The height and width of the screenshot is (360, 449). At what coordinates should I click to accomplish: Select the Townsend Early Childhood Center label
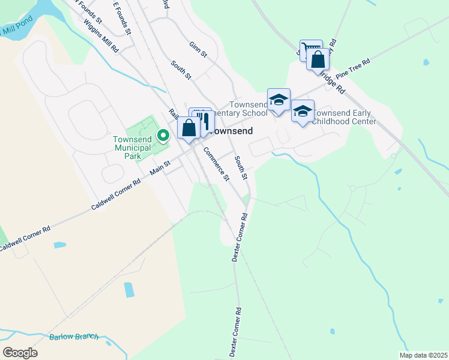click(x=345, y=117)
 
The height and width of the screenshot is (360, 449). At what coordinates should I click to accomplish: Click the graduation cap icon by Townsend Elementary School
click(x=279, y=100)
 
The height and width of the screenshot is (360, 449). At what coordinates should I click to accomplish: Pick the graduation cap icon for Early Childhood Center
click(x=303, y=111)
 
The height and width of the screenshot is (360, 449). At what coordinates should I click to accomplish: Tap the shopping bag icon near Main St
click(x=188, y=128)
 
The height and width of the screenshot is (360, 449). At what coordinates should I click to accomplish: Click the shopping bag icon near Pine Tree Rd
click(x=318, y=59)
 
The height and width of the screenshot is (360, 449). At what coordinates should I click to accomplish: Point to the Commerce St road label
click(x=217, y=164)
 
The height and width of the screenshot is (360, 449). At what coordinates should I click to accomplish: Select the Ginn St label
click(x=197, y=49)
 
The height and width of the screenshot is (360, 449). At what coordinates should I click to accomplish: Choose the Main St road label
click(x=160, y=167)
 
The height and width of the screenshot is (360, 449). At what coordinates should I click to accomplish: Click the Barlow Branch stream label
click(x=74, y=337)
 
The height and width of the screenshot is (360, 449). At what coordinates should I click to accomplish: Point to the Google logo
click(x=20, y=352)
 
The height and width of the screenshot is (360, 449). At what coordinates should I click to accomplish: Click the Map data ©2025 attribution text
click(x=423, y=355)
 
